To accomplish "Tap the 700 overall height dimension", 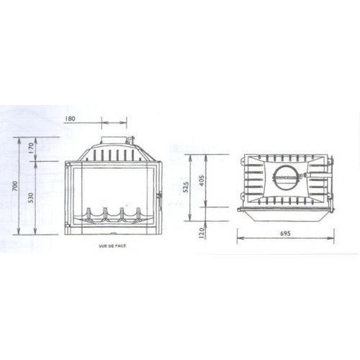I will tap(15, 186).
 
